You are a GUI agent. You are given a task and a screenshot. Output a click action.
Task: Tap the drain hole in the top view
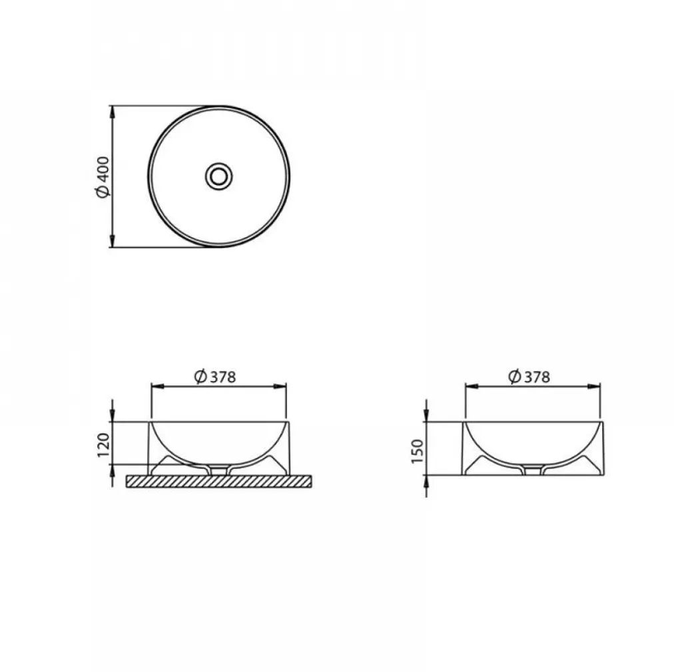(218, 176)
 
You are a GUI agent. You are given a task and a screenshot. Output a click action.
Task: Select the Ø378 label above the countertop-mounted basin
(214, 377)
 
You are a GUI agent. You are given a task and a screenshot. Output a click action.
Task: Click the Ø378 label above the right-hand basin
(529, 377)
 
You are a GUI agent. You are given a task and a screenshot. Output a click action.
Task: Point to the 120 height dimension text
(103, 444)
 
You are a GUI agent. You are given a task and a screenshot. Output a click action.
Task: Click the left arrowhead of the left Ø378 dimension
(156, 385)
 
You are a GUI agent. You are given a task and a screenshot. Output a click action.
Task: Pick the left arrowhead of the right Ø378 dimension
(469, 385)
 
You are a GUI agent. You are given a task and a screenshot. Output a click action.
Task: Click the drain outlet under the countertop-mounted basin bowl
(219, 470)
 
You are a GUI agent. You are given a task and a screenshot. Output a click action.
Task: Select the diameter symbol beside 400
(102, 192)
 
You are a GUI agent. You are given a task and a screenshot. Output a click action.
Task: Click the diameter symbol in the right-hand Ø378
(513, 377)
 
